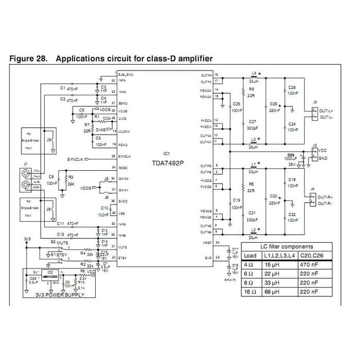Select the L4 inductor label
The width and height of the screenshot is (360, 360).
click(254, 73)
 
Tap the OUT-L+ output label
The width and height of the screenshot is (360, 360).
click(326, 111)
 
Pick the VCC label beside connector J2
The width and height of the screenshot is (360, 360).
click(322, 150)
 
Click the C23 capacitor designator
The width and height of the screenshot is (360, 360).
click(291, 154)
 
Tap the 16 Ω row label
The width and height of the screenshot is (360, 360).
click(249, 292)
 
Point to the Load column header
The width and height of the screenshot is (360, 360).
click(250, 255)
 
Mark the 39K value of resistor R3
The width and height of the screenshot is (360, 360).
click(71, 183)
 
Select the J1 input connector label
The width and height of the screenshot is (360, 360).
click(24, 164)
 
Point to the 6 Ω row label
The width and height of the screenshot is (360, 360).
click(249, 274)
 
